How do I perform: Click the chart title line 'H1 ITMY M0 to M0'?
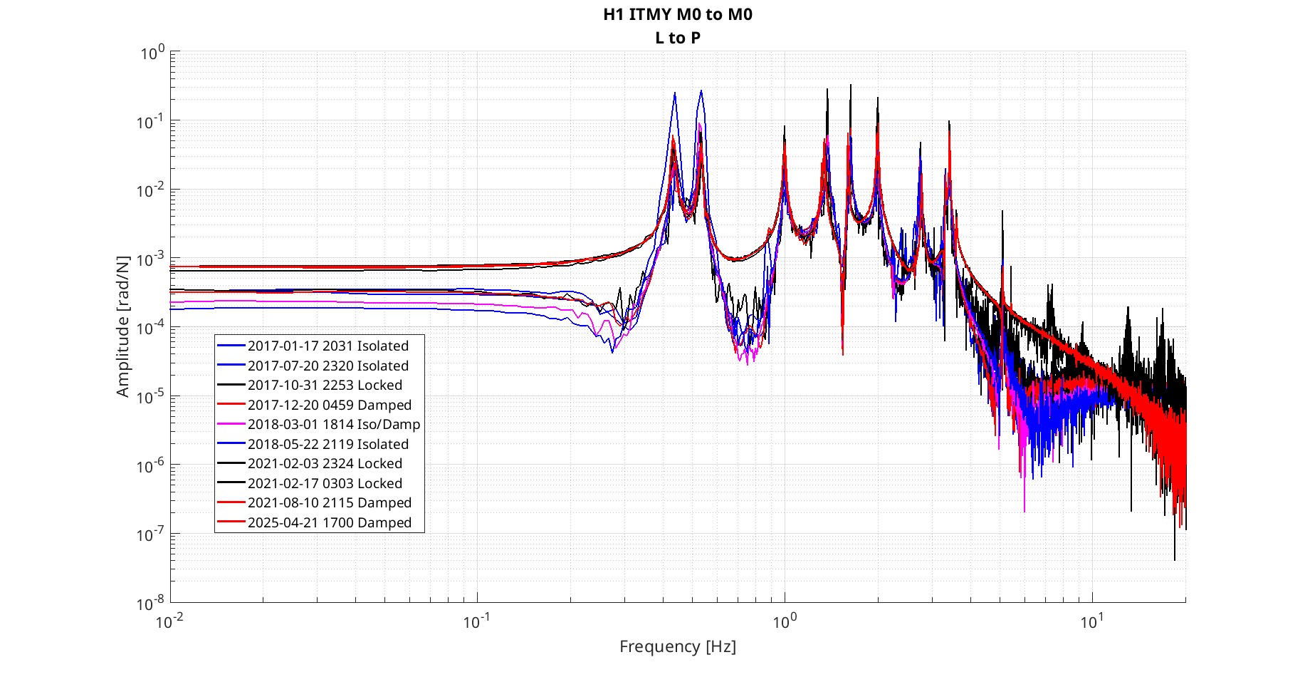pyautogui.click(x=677, y=14)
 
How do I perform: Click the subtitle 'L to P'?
pyautogui.click(x=677, y=38)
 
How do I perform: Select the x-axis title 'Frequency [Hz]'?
pyautogui.click(x=677, y=646)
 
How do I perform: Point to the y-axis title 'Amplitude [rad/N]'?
pyautogui.click(x=122, y=326)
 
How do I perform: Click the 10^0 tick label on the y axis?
pyautogui.click(x=152, y=53)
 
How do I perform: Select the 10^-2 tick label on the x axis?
pyautogui.click(x=169, y=622)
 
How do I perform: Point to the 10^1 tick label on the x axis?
pyautogui.click(x=1091, y=622)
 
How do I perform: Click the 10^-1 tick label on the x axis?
pyautogui.click(x=476, y=622)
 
